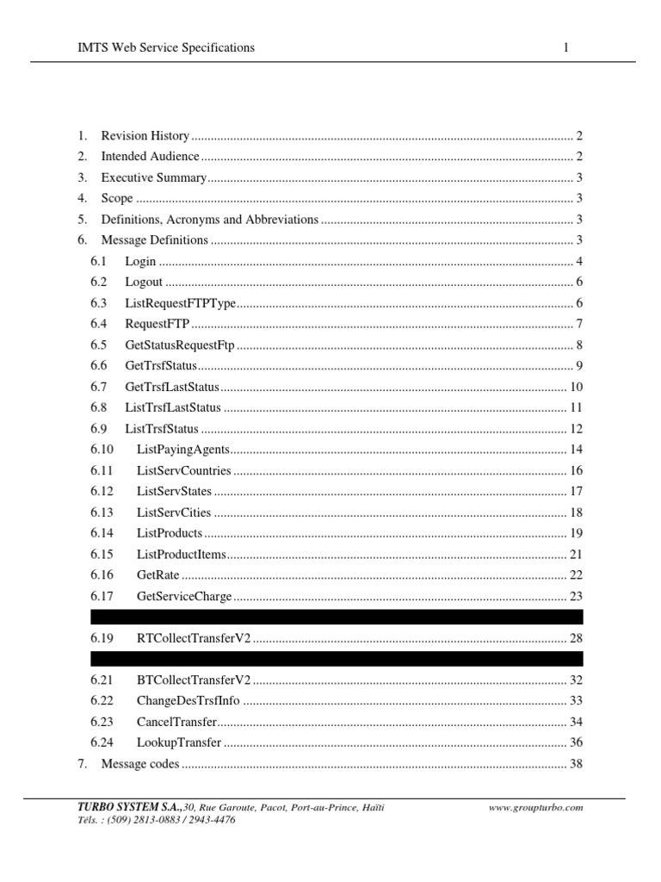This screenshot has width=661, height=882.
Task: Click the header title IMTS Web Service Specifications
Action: click(x=166, y=48)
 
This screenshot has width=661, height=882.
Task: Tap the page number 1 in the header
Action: click(x=565, y=48)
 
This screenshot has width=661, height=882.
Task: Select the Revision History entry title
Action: click(x=145, y=136)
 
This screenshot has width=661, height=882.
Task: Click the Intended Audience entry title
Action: click(x=150, y=157)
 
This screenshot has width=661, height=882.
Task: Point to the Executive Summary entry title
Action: click(x=154, y=177)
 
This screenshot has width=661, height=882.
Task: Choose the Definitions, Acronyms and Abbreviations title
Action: click(x=210, y=220)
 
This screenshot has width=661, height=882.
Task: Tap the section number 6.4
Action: click(x=98, y=324)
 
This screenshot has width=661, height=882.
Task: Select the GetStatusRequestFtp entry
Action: click(x=179, y=345)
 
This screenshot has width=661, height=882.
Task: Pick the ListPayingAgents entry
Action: click(x=182, y=450)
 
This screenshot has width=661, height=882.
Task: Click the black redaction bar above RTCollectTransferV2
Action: click(x=337, y=617)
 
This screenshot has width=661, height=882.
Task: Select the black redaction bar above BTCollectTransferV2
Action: click(x=337, y=659)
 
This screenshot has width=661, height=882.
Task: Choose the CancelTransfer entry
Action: click(x=176, y=721)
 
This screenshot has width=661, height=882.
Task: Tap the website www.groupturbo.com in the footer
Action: click(x=536, y=808)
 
